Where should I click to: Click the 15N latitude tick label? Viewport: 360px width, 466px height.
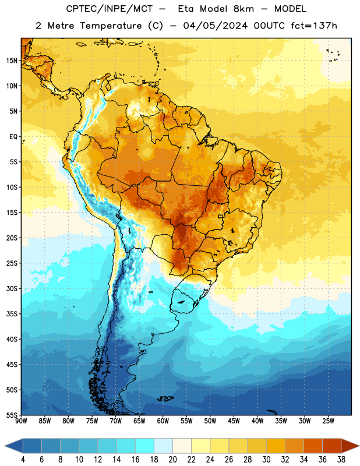pos(12,61)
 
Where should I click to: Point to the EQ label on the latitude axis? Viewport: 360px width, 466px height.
pos(13,137)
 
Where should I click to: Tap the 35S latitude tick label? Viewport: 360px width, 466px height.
pos(12,314)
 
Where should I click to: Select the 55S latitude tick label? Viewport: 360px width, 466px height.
pos(12,415)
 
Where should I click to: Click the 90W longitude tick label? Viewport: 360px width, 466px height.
pos(21,421)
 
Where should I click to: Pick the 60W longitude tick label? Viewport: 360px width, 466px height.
pos(163,421)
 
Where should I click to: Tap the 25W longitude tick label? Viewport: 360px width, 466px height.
pos(328,421)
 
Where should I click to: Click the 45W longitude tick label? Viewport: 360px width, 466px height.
pos(234,421)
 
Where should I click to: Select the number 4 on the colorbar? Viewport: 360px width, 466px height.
pos(23,460)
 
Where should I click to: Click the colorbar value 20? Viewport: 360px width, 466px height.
pos(172,460)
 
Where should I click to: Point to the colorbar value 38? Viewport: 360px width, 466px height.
pos(341,460)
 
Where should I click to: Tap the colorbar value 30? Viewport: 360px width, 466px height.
pos(266,460)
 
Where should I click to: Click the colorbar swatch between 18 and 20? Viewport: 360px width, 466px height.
pos(163,446)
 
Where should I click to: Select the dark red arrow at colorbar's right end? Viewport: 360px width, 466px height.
pos(350,446)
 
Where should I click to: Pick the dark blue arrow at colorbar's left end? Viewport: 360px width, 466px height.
pos(14,446)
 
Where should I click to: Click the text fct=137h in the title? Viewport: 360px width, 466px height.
pos(314,26)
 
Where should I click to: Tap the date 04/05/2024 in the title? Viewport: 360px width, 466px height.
pos(215,26)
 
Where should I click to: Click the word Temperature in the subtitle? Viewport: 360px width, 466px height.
pos(111,26)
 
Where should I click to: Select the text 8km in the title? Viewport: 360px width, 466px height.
pos(243,9)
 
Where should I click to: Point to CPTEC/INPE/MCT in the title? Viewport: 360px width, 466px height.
pos(110,9)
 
